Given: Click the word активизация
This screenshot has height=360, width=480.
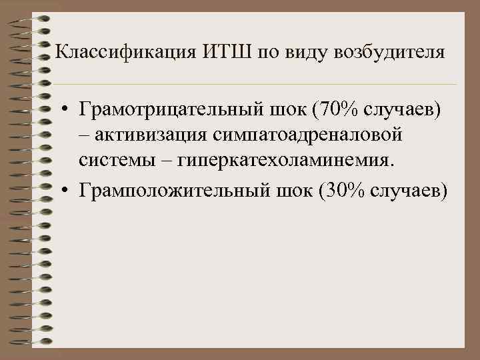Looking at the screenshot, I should [x=153, y=135].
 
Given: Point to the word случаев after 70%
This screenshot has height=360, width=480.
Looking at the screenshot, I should [x=405, y=109].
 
